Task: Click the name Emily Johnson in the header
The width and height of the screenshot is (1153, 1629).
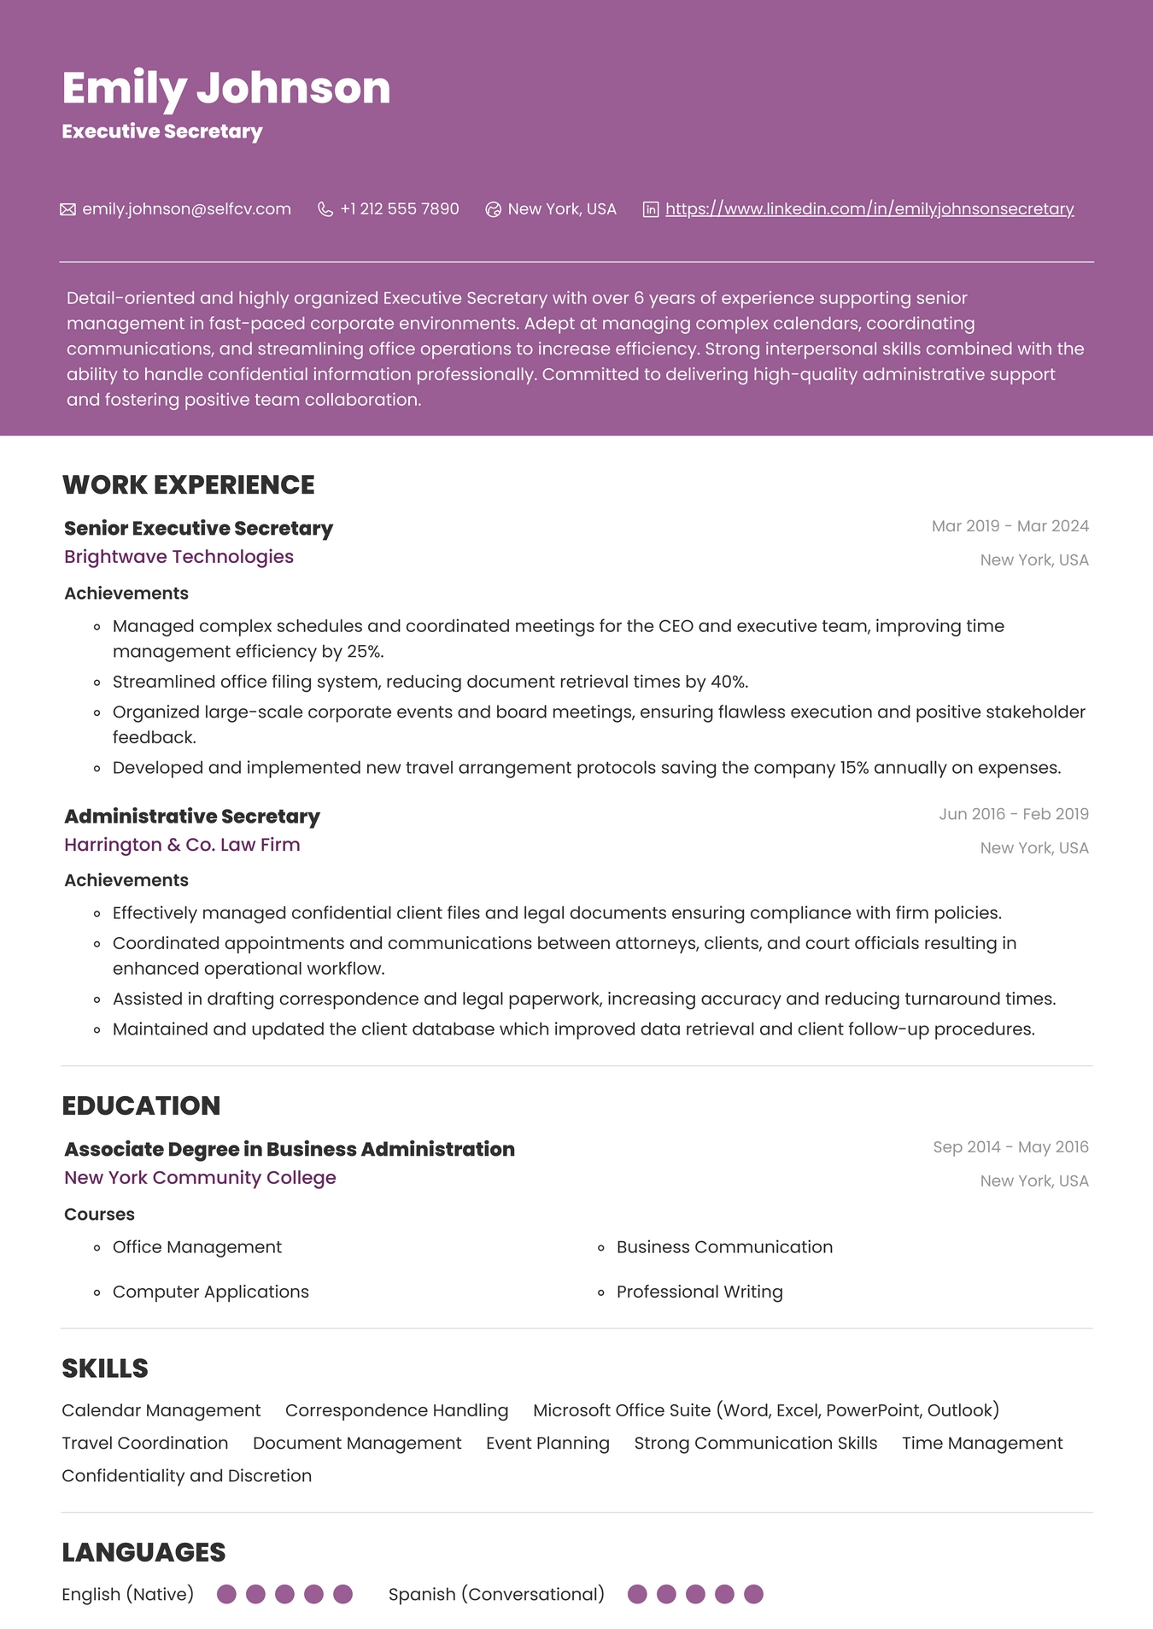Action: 226,88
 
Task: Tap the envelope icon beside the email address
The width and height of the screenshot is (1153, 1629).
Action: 67,209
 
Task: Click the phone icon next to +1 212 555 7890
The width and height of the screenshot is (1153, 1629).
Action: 325,209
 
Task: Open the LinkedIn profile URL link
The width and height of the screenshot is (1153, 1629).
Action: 869,209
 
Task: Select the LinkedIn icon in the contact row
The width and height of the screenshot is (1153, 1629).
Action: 651,209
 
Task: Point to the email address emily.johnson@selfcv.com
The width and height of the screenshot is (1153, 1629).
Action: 186,209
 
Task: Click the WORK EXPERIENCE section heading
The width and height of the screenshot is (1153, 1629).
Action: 189,485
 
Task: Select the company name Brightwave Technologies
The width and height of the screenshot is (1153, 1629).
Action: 179,557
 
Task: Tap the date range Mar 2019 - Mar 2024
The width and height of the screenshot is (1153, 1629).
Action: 1010,526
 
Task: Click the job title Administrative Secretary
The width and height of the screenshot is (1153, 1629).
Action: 192,817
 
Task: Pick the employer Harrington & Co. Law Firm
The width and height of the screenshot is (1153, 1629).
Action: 182,845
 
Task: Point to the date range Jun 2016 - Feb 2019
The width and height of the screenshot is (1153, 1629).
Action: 1013,814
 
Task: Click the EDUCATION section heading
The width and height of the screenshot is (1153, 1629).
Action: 141,1106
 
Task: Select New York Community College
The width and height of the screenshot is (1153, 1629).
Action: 200,1178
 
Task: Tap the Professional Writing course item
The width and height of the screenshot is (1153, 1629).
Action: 699,1292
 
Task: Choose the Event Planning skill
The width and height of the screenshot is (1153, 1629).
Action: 547,1444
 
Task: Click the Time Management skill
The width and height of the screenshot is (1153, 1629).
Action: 982,1444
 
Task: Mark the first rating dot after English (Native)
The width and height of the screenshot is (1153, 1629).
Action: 226,1595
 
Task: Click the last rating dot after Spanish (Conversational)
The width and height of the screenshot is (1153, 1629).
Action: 753,1595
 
